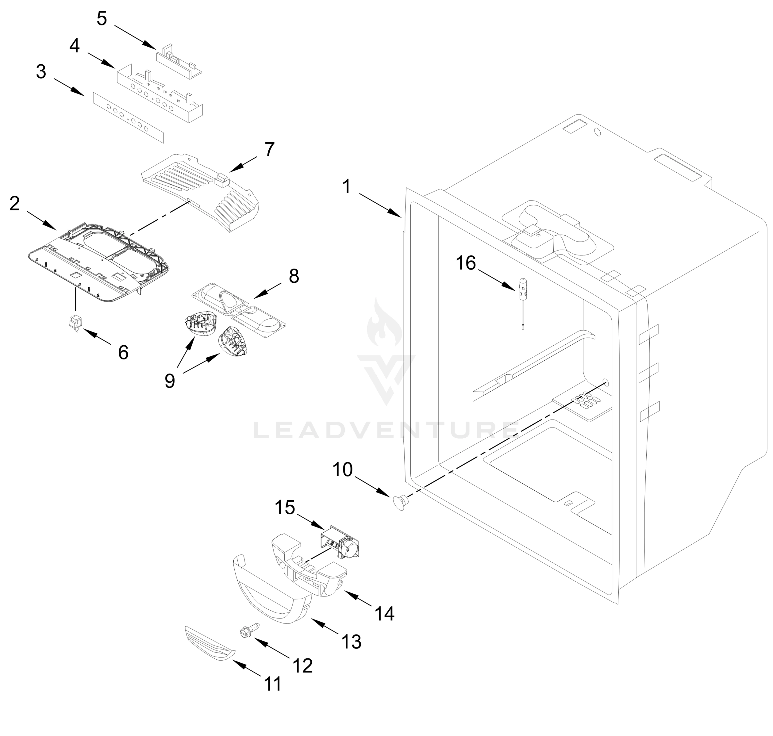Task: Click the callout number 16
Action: coord(465,263)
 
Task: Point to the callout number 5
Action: coord(102,19)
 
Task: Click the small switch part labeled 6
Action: coord(75,323)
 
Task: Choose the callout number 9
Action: coord(170,381)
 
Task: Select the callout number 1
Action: coord(346,187)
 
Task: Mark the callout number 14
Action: coord(384,613)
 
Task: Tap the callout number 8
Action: coord(294,276)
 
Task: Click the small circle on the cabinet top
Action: coord(598,132)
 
